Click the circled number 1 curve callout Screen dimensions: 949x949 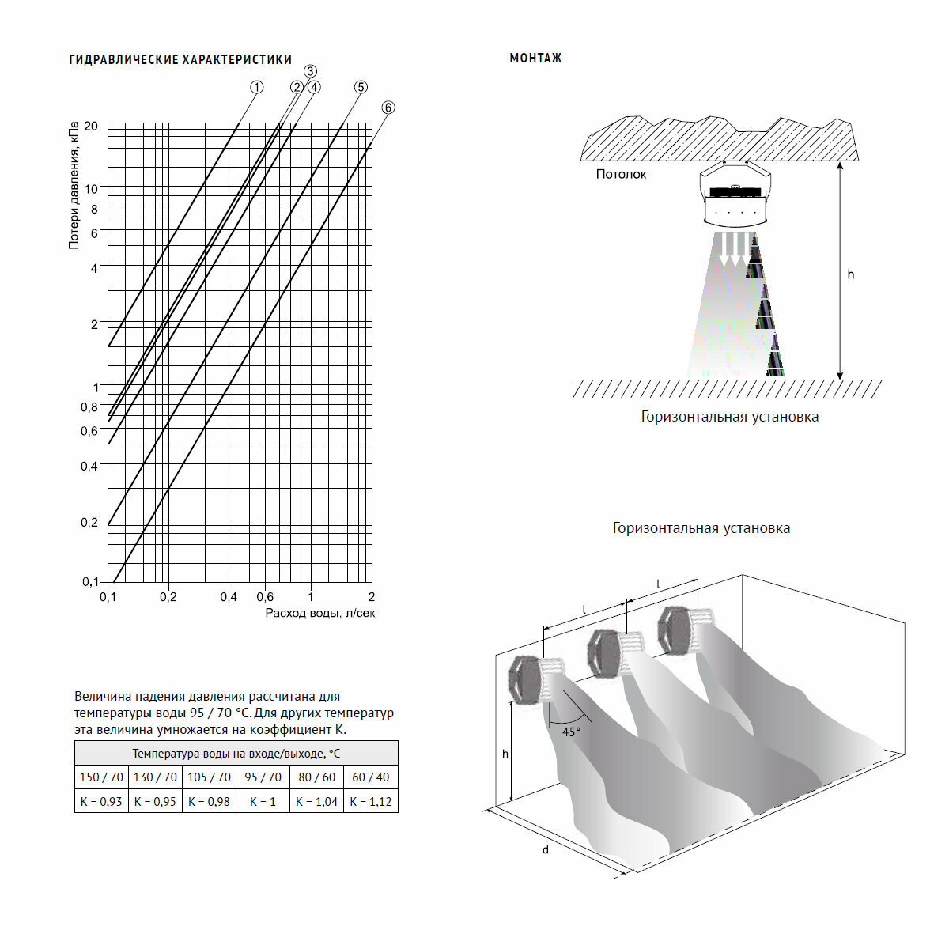(x=256, y=88)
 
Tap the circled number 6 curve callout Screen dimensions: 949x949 (x=388, y=108)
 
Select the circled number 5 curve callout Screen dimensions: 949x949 (x=361, y=87)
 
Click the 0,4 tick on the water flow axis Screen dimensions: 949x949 (x=228, y=597)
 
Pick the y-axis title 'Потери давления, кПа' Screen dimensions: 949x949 (x=74, y=186)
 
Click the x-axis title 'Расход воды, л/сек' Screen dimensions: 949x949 (x=320, y=613)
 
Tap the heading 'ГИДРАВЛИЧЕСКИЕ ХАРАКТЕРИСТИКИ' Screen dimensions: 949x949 (x=180, y=59)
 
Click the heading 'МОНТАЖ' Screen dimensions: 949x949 (x=535, y=59)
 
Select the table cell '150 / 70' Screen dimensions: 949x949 (x=101, y=777)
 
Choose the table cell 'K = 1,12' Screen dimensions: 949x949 (x=370, y=801)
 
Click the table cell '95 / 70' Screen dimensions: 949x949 (x=263, y=777)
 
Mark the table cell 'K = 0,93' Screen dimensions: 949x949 (x=101, y=801)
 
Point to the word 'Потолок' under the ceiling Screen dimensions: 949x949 (x=621, y=174)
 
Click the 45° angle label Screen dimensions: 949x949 (x=571, y=732)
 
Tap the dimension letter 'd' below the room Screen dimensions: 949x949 (x=545, y=850)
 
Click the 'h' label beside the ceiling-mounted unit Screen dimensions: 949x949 (x=851, y=274)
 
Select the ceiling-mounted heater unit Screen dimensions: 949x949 (x=735, y=195)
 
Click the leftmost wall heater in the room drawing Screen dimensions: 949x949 (x=527, y=678)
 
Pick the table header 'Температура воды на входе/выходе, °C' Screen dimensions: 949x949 (x=236, y=754)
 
